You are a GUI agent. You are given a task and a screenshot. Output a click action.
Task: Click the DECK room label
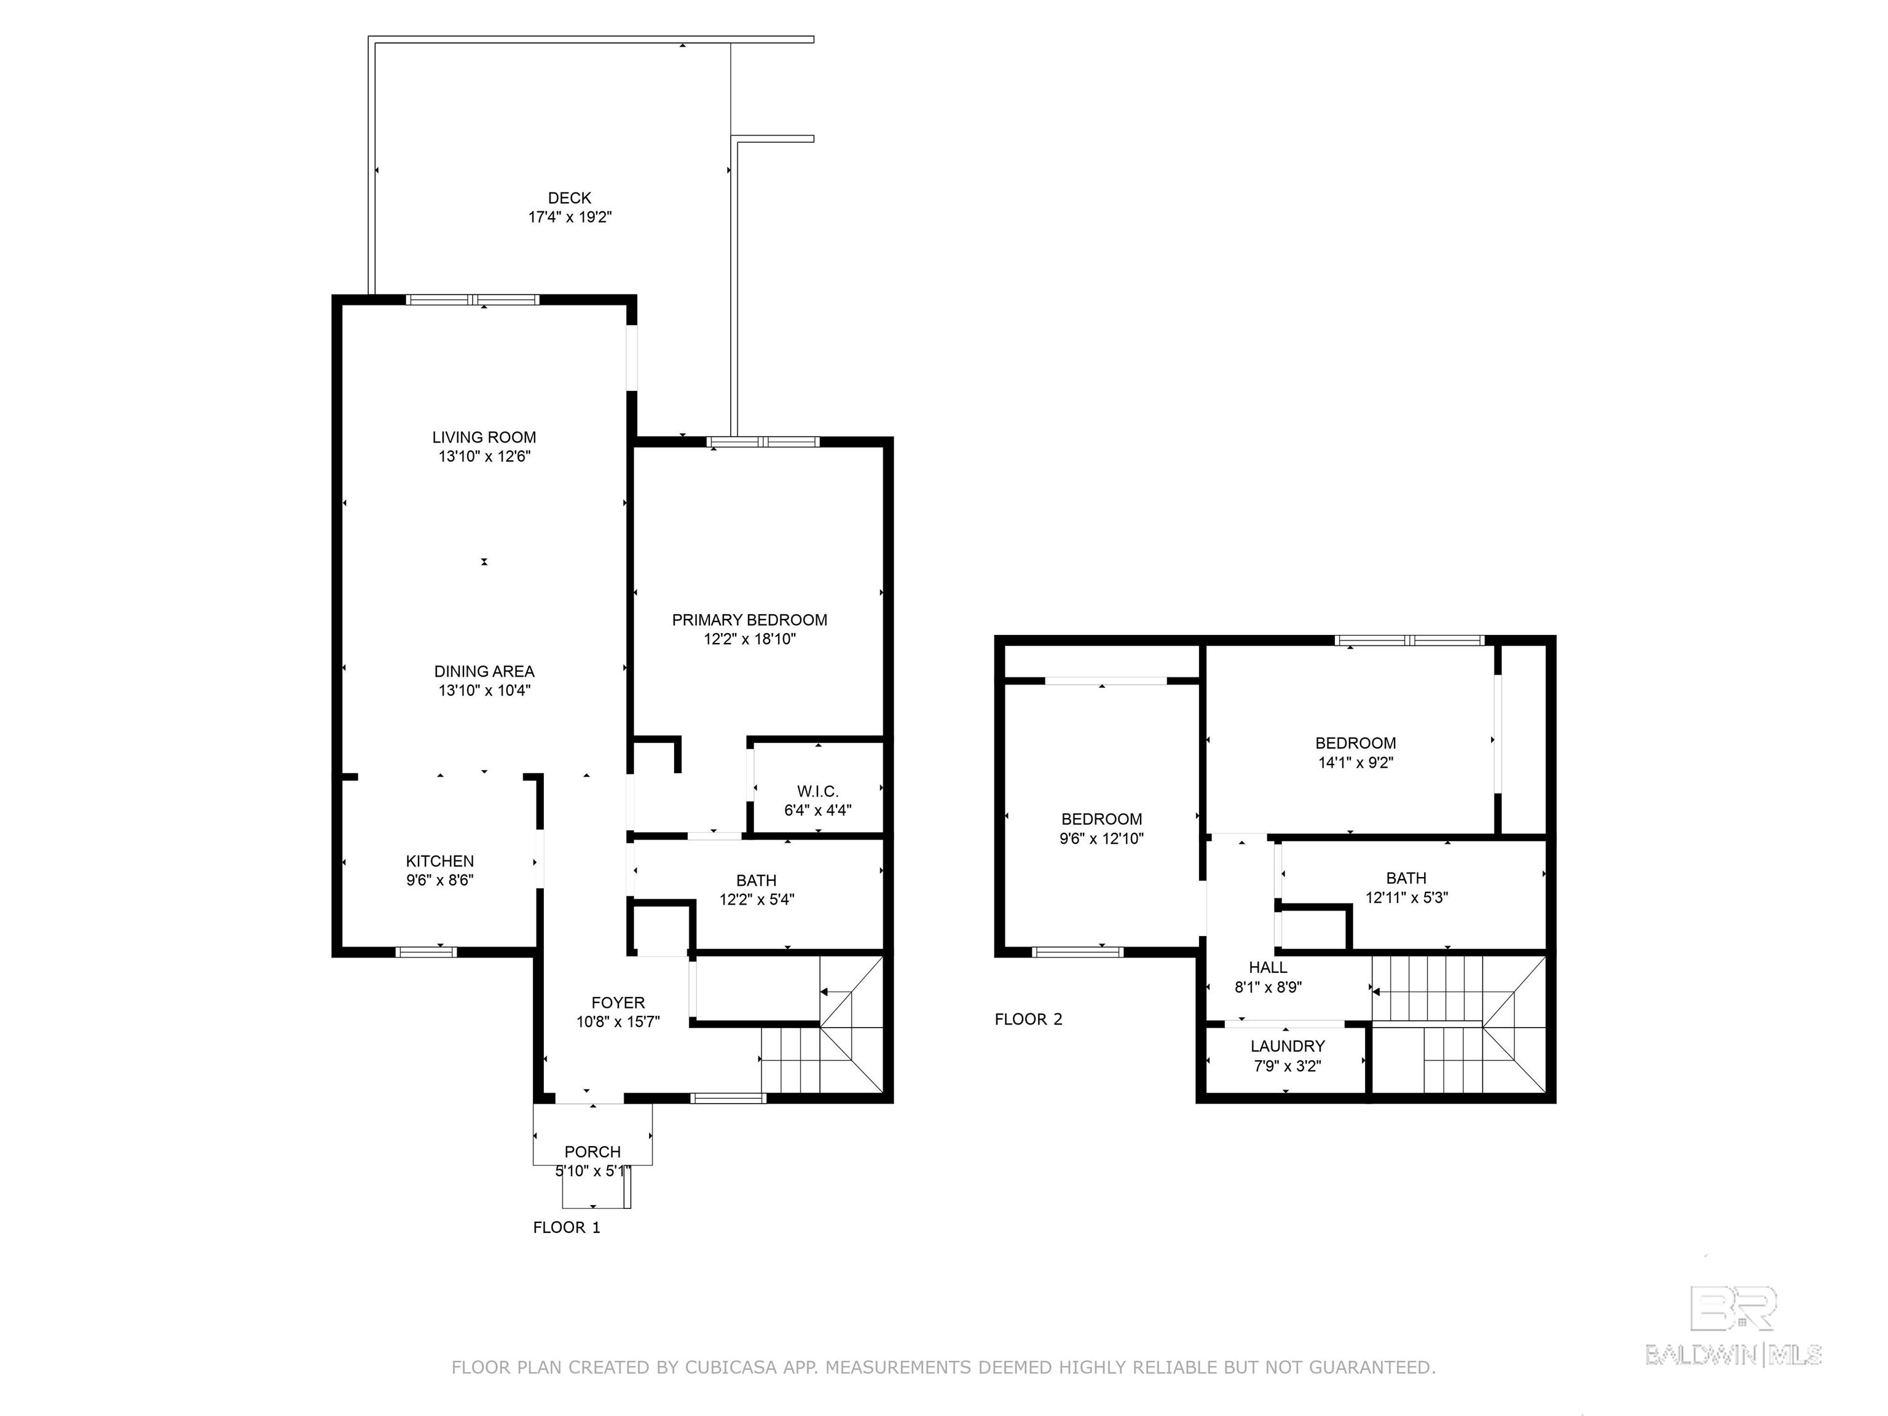click(569, 198)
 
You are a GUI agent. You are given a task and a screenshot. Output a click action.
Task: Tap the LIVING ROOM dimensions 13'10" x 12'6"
click(484, 457)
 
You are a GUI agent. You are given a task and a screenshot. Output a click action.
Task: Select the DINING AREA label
click(484, 672)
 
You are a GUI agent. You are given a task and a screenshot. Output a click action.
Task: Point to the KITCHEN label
click(439, 861)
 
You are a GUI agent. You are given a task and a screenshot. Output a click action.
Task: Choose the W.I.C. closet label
click(817, 791)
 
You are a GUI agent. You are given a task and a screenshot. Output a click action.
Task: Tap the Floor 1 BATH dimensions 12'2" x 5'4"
click(756, 899)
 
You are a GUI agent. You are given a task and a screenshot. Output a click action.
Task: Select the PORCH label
click(592, 1151)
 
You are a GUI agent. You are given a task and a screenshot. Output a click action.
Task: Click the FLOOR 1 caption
click(567, 1227)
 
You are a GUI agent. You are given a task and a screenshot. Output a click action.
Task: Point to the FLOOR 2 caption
click(1028, 1019)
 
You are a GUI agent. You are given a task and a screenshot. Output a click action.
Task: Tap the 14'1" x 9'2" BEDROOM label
click(1355, 744)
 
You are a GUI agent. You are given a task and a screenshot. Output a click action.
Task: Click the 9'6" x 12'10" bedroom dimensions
click(1101, 838)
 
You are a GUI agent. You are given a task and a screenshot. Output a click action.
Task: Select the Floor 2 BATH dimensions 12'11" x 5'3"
click(1407, 897)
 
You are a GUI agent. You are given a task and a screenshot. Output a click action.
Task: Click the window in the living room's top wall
click(472, 299)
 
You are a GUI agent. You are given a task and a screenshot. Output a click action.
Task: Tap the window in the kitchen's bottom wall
click(426, 951)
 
